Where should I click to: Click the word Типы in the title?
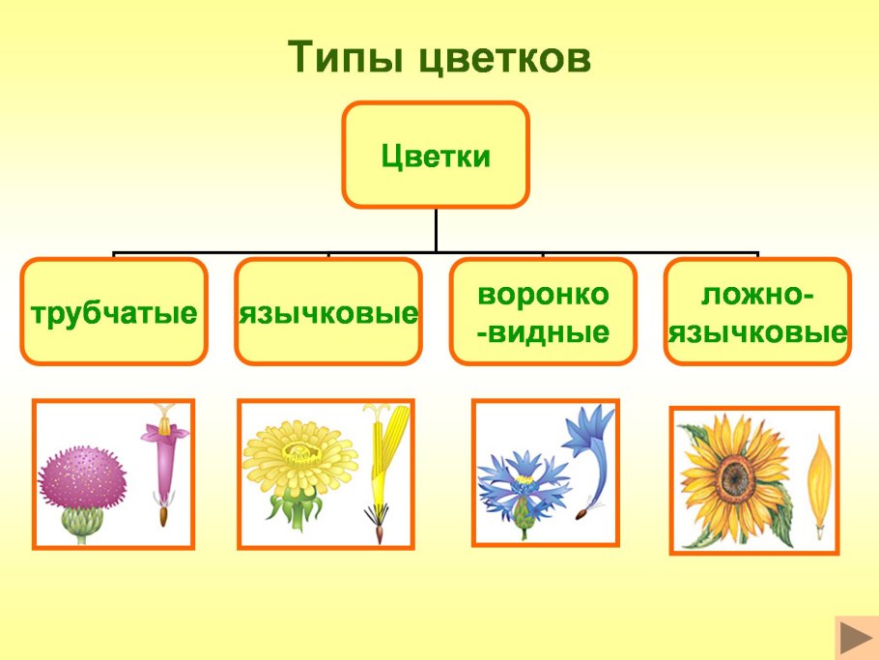click(x=347, y=59)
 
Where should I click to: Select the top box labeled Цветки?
click(x=436, y=156)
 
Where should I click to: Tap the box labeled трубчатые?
click(x=114, y=311)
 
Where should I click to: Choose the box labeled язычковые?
click(x=328, y=311)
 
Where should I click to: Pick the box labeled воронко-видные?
click(x=544, y=311)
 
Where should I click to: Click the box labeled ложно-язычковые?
click(x=758, y=311)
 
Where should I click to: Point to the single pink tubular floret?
click(x=161, y=454)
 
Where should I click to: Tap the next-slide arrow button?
click(x=855, y=639)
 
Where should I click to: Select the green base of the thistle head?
click(x=82, y=523)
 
